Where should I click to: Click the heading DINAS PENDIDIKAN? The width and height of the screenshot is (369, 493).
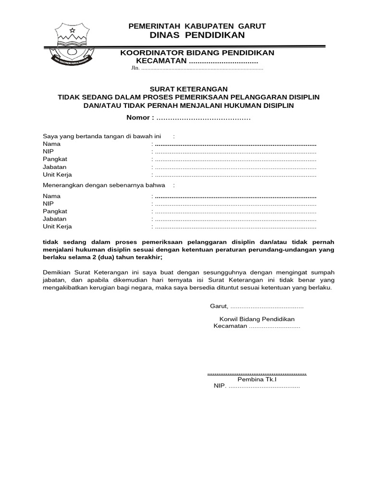[197, 35]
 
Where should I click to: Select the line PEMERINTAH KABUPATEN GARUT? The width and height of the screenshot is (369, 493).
[197, 26]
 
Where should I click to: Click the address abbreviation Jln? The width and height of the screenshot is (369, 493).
[135, 69]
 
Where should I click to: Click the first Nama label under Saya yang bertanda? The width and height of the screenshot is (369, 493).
[51, 143]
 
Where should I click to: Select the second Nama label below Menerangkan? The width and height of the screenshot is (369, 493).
[51, 196]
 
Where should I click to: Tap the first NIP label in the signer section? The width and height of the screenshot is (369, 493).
[48, 151]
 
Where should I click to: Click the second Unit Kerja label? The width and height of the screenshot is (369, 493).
[57, 227]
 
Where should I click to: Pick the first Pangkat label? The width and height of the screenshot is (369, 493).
[55, 159]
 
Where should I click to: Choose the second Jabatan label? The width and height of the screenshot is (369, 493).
[54, 219]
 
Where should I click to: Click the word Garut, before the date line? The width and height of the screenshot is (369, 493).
[220, 307]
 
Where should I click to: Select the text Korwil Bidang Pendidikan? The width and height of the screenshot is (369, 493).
[257, 319]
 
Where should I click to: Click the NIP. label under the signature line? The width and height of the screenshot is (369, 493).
[220, 387]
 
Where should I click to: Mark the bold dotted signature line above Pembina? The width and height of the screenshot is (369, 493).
[257, 373]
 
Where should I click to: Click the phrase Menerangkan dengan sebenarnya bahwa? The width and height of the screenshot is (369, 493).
[104, 185]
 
